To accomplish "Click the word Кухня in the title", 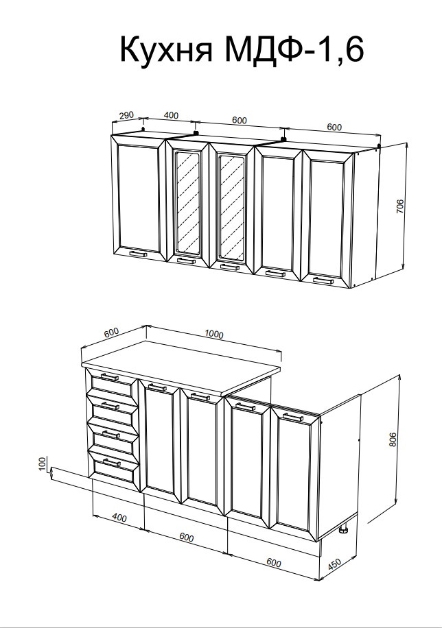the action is tap(166, 49).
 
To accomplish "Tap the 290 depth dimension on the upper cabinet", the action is tap(126, 115).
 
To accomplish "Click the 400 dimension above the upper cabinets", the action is tap(171, 115).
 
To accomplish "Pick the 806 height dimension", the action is tap(393, 439).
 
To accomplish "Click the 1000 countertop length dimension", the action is tap(213, 334).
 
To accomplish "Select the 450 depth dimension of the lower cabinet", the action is tap(334, 564).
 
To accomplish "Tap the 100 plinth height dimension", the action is tap(44, 465).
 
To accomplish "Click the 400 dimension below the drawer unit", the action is tap(119, 518).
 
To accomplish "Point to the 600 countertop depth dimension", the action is tap(111, 333).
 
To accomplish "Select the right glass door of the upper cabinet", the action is tap(232, 206).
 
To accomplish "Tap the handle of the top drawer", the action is tap(110, 377).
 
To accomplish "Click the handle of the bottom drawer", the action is tap(111, 463).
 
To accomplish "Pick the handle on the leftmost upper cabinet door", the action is tap(138, 254).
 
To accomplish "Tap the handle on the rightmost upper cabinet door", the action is tap(323, 281).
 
